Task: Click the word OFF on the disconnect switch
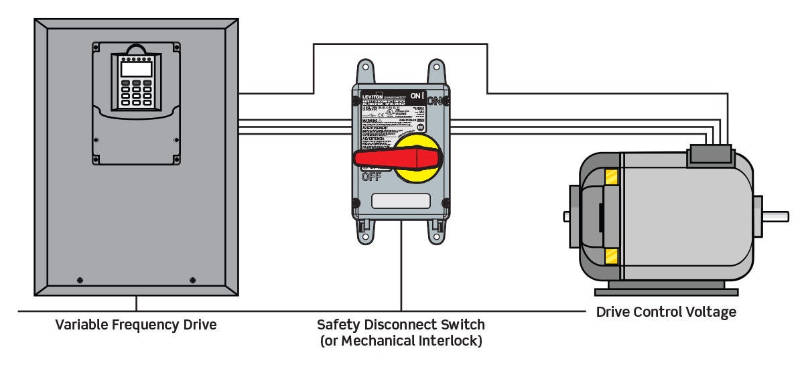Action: tap(371, 177)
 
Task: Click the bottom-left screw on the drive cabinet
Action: tap(80, 279)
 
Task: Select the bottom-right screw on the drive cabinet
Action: tap(193, 279)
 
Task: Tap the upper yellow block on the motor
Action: tap(610, 177)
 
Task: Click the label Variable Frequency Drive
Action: tap(136, 325)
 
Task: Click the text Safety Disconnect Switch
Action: tap(401, 325)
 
